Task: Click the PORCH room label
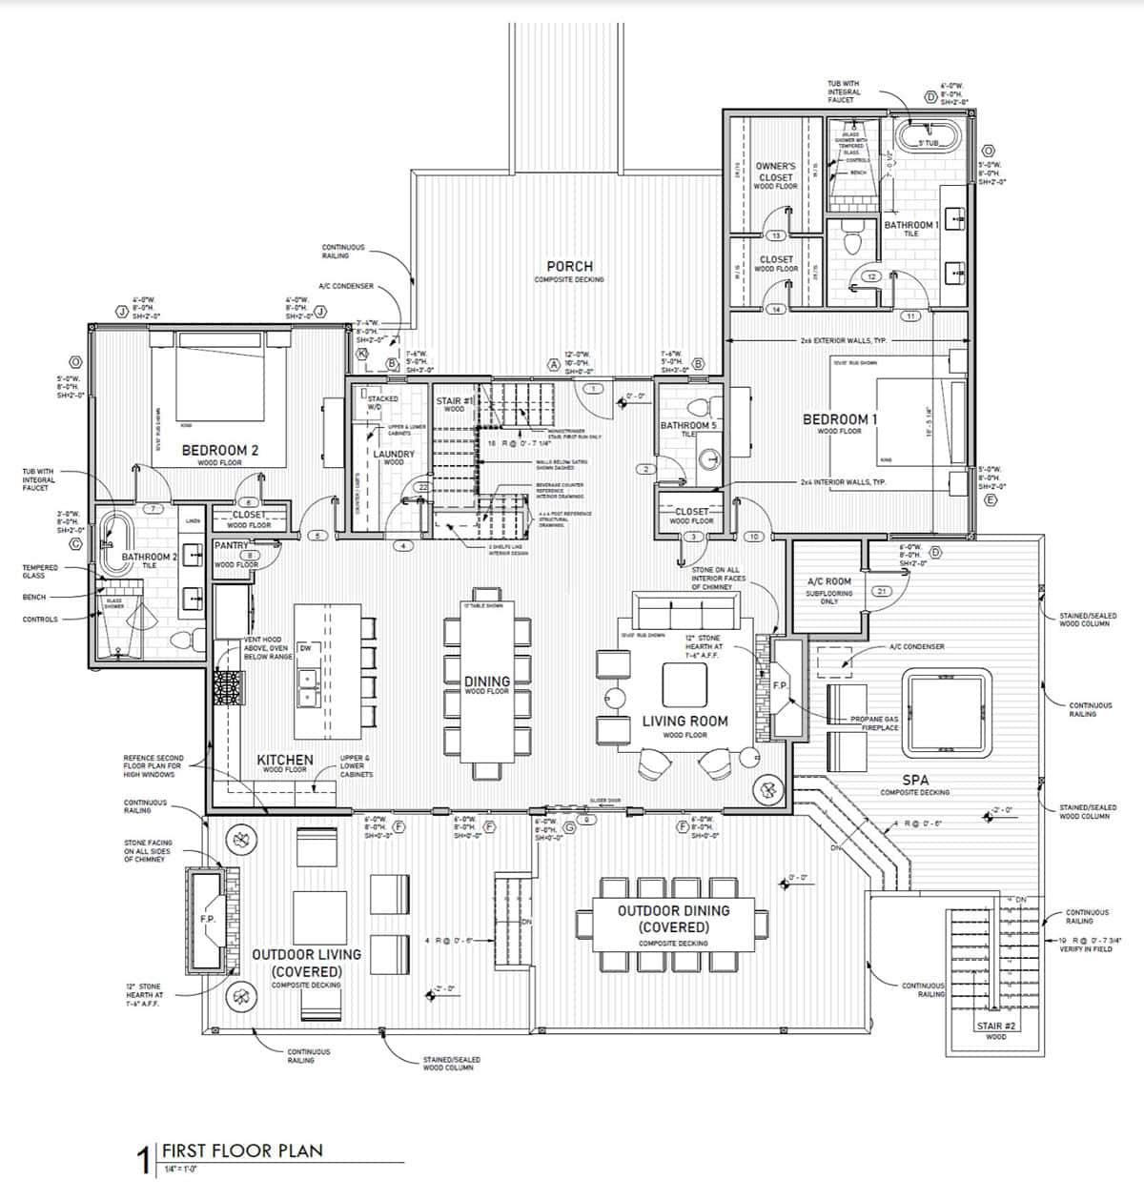tap(569, 267)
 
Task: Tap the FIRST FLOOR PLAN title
tap(242, 1149)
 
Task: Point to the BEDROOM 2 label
tap(219, 450)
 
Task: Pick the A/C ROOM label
tap(828, 581)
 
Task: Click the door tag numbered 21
tap(881, 592)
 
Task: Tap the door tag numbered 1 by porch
tap(593, 389)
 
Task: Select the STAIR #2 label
tap(994, 1026)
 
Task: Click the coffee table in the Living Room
tap(684, 684)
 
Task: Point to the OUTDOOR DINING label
tap(673, 911)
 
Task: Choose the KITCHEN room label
tap(284, 761)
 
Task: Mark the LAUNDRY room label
tap(394, 455)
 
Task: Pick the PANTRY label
tap(232, 546)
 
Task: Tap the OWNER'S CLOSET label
tap(775, 172)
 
